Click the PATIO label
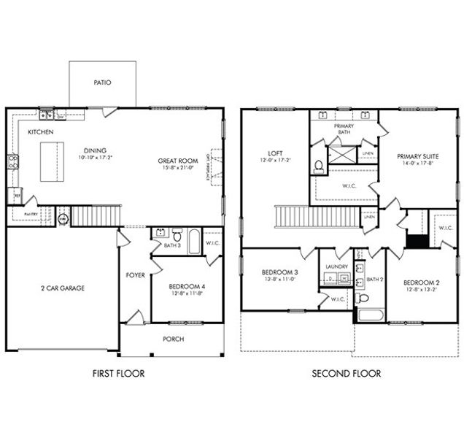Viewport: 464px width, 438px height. click(x=102, y=82)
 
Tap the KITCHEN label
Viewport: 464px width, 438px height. click(x=39, y=132)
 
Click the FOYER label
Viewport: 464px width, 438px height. click(x=135, y=275)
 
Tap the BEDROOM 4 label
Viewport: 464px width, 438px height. click(x=187, y=286)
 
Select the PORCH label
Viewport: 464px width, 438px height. click(x=173, y=339)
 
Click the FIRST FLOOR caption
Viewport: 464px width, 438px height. click(x=117, y=374)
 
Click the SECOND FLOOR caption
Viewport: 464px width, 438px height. click(x=346, y=374)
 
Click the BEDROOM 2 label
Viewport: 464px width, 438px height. click(x=420, y=282)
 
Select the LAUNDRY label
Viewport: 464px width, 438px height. click(x=336, y=267)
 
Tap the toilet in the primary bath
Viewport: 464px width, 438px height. click(x=319, y=166)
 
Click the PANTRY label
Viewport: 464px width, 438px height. click(x=30, y=215)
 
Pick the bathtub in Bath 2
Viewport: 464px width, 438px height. click(x=370, y=316)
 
